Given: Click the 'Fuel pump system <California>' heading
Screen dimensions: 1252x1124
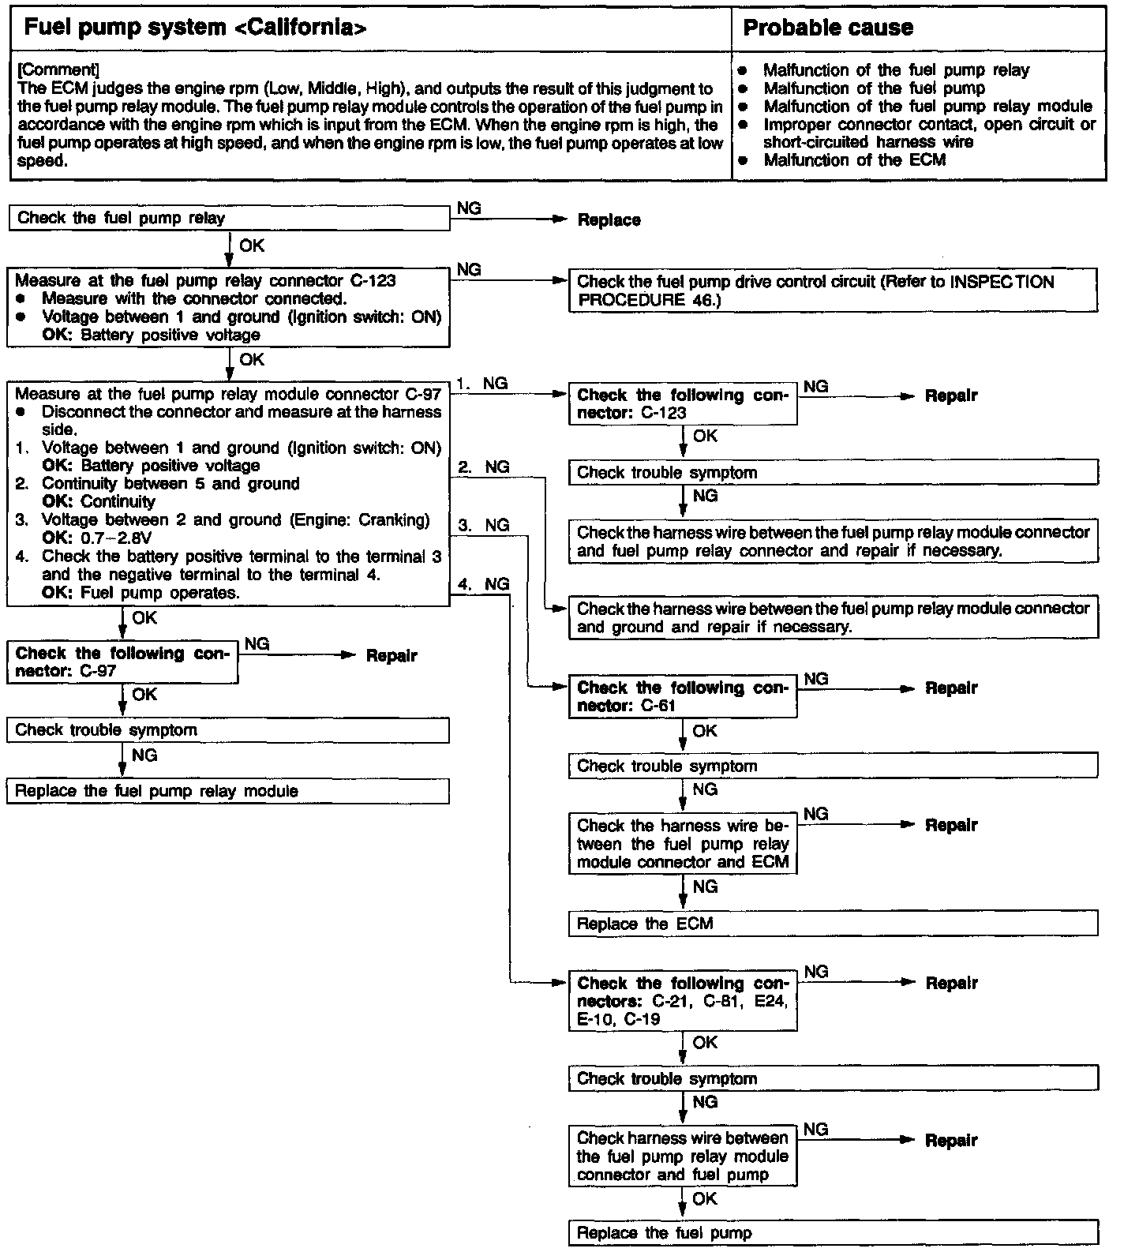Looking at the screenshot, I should [x=195, y=28].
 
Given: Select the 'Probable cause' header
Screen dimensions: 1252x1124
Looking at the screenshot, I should [x=827, y=28].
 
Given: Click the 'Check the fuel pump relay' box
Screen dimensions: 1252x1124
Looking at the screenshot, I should [x=228, y=219].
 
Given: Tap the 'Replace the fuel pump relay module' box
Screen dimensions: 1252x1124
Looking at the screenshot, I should [x=227, y=791].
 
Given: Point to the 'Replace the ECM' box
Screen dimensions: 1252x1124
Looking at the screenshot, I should [x=833, y=924].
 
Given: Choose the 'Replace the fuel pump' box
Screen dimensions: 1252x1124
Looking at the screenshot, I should [x=833, y=1233].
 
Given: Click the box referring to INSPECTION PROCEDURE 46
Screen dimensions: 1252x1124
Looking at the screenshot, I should [x=833, y=291].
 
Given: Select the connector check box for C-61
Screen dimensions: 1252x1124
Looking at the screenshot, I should [x=683, y=697].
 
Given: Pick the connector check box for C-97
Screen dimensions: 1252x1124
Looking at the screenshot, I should [x=122, y=662].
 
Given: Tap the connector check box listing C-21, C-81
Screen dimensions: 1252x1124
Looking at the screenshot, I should [x=683, y=1001].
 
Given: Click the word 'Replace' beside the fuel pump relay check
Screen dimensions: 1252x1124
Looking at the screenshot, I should [x=609, y=220].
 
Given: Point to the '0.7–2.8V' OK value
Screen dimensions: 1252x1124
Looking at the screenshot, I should [x=116, y=538].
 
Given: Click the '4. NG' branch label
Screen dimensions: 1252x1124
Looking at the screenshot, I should [x=483, y=584].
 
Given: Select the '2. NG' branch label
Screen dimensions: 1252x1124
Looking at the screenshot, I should [x=484, y=467].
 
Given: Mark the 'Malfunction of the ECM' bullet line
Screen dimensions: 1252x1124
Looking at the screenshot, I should [x=854, y=160].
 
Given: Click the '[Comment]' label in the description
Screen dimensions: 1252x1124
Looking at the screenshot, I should [x=58, y=70].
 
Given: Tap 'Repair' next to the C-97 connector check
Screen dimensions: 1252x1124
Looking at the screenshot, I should [x=392, y=656].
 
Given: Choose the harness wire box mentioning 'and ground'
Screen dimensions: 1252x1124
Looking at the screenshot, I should [x=833, y=618].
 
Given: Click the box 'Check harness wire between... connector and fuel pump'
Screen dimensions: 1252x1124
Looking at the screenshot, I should [x=683, y=1156].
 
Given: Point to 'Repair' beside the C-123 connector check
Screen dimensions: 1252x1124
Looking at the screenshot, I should [x=951, y=396].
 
